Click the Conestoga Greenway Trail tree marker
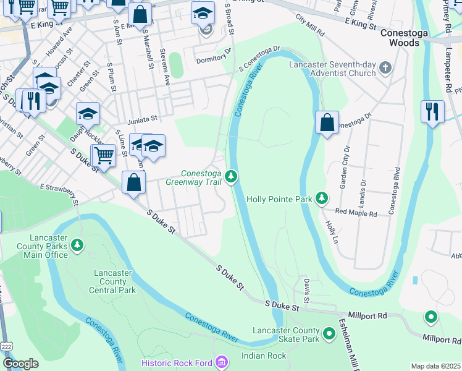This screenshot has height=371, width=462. pos(231,177)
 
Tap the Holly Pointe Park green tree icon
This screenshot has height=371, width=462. pos(321,198)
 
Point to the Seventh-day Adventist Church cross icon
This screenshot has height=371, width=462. pos(385,67)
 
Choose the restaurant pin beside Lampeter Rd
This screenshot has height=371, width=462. pos(432,112)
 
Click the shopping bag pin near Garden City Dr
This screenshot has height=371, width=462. pos(327,122)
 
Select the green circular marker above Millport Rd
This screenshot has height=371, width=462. pos(430,318)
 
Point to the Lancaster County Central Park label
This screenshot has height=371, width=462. pos(114,281)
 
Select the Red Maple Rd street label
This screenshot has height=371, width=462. pos(356,213)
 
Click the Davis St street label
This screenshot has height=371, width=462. pos(306,285)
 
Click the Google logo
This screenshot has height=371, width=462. pos(20,364)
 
